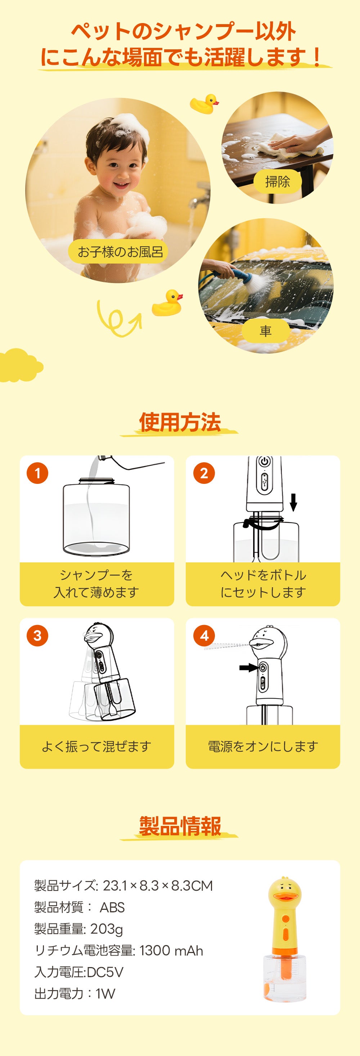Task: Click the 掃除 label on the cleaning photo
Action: coord(278,181)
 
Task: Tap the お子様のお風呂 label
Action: coord(120,252)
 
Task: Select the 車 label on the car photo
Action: coord(265,331)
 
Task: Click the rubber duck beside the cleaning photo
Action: coord(204,104)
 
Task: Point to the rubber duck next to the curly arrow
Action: coord(167,303)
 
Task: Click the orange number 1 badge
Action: coord(37,473)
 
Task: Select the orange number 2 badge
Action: coord(204,473)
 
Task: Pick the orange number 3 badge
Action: coord(37,635)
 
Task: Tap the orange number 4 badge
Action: coord(204,635)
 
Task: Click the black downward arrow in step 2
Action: coord(293,502)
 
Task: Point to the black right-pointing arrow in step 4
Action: coord(248,668)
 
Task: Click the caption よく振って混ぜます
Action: coord(97,746)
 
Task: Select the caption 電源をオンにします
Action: coord(263,746)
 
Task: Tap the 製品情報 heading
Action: coord(180,826)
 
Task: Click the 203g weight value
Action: coord(106,929)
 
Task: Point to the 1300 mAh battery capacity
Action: coord(171,951)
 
